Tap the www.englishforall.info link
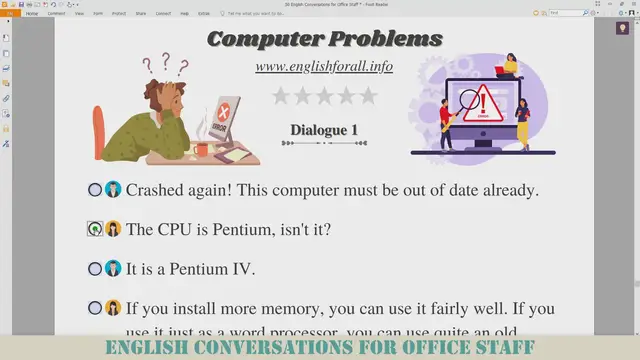click(x=324, y=67)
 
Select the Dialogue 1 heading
click(x=324, y=130)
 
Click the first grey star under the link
click(x=281, y=96)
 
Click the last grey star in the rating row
click(x=368, y=96)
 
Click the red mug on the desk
click(x=203, y=149)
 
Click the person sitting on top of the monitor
click(x=509, y=66)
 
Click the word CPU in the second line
click(x=176, y=229)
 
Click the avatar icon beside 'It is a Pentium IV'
click(x=113, y=268)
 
